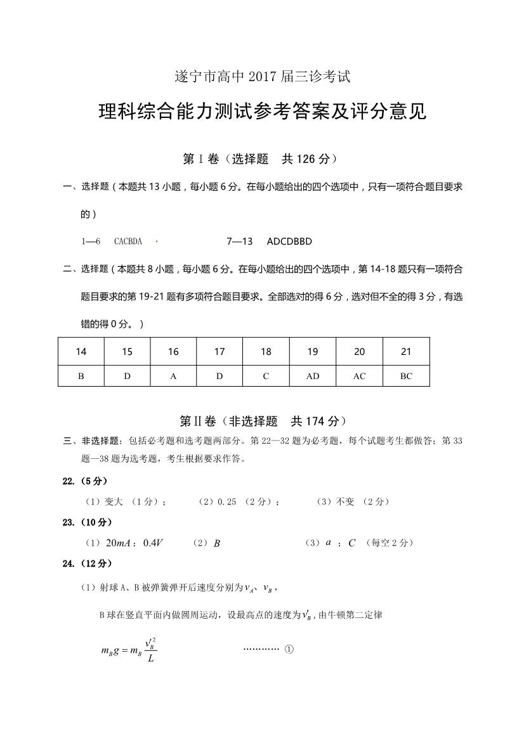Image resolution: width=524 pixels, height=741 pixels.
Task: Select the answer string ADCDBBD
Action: (289, 242)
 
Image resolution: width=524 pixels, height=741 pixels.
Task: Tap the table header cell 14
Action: (81, 352)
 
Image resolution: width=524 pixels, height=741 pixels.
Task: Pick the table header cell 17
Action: (219, 352)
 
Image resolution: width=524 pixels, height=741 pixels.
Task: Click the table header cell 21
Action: (406, 352)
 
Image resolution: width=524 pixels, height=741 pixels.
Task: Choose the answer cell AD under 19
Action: (313, 376)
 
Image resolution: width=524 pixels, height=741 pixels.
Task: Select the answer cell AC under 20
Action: (359, 376)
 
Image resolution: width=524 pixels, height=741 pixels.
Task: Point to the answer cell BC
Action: (406, 376)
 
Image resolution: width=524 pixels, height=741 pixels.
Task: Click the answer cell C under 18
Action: (266, 376)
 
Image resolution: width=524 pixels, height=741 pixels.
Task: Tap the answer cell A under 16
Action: (173, 376)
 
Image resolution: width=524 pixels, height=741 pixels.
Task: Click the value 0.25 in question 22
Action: (226, 501)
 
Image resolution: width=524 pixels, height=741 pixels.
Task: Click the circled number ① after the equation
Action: (289, 650)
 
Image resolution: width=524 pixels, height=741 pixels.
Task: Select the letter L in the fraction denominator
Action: (149, 659)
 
